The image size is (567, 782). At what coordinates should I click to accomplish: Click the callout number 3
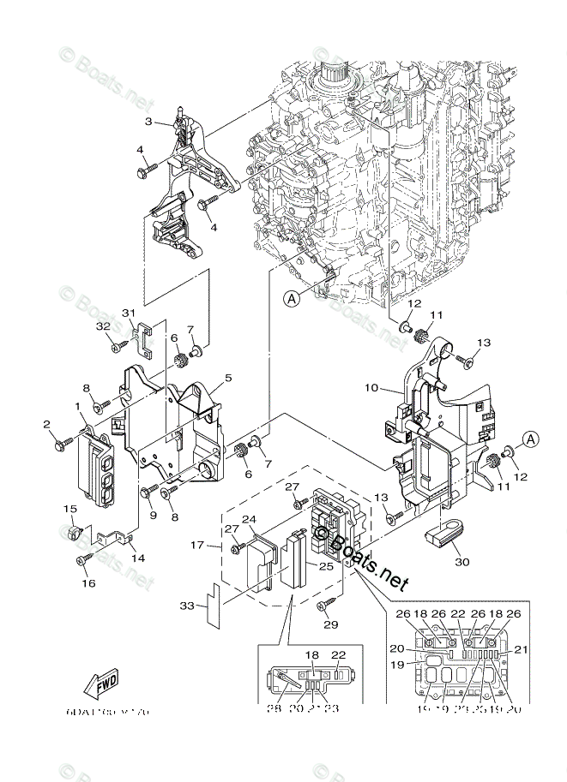[x=148, y=122]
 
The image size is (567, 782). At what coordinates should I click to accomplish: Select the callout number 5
[x=228, y=377]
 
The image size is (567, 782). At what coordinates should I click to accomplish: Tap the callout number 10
[x=371, y=388]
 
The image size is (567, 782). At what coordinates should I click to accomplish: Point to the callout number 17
[x=196, y=544]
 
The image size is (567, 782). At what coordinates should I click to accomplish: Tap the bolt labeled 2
[x=62, y=443]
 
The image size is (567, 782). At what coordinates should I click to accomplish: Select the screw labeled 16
[x=83, y=560]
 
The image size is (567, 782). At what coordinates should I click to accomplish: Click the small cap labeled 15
[x=75, y=534]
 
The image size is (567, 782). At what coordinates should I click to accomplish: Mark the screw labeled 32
[x=112, y=348]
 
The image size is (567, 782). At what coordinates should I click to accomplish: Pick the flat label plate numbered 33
[x=212, y=602]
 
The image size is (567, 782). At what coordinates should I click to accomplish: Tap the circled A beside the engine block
[x=293, y=298]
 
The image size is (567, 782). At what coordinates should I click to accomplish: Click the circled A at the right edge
[x=530, y=439]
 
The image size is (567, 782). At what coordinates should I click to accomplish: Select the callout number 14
[x=137, y=558]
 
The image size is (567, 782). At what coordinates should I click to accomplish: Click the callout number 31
[x=129, y=312]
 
